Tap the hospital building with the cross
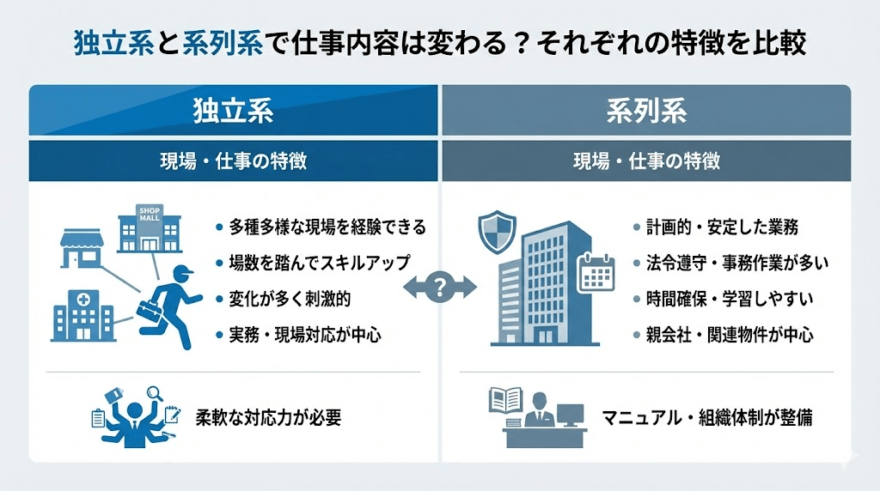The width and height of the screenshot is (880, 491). click(x=83, y=316)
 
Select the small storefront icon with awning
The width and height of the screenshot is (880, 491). click(x=82, y=248)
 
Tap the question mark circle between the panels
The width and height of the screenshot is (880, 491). click(x=440, y=288)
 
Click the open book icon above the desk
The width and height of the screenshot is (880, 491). click(x=505, y=400)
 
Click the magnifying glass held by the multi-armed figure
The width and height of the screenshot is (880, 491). click(x=154, y=393)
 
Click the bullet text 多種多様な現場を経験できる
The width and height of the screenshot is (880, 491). click(x=327, y=227)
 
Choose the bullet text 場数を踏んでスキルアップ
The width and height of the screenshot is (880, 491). click(x=320, y=263)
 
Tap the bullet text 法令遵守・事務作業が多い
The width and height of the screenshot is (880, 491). click(x=736, y=263)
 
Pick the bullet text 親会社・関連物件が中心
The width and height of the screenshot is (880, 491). click(x=730, y=335)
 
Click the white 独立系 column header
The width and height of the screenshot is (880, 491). click(x=234, y=111)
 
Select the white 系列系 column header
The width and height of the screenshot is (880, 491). click(x=646, y=111)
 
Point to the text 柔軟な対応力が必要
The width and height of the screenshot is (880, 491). click(x=268, y=417)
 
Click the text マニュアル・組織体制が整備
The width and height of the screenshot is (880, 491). click(x=707, y=417)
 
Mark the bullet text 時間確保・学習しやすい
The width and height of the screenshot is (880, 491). click(x=730, y=299)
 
